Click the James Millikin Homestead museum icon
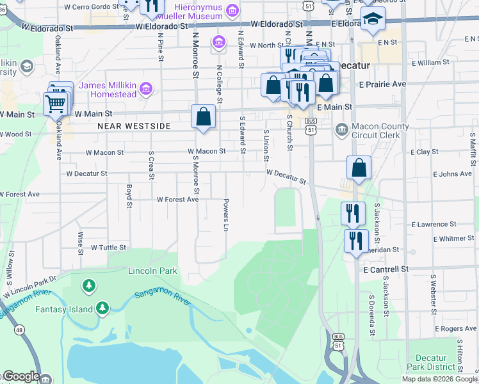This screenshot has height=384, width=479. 146,88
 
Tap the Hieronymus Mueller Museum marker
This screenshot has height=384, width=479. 232,10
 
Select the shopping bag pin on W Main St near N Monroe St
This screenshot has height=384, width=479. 203,117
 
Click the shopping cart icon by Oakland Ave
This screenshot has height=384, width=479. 56,103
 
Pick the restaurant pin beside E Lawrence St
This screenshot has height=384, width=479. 352,213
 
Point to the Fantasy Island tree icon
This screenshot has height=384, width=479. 102,309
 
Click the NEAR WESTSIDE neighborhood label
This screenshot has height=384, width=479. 134,127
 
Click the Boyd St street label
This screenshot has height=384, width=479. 129,196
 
